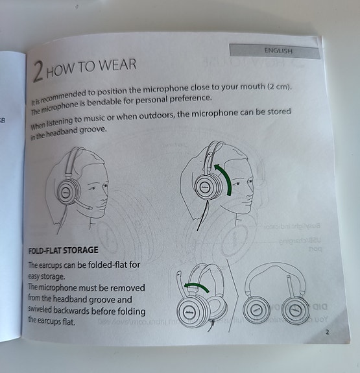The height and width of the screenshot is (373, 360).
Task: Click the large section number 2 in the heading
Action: pos(38,72)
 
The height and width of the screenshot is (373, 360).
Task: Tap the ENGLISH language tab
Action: pos(278,51)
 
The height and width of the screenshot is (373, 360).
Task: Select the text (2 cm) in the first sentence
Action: pos(278,87)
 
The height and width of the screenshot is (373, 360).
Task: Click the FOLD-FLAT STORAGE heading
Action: pos(64,250)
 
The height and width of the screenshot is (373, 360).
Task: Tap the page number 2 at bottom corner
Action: pos(327,332)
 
